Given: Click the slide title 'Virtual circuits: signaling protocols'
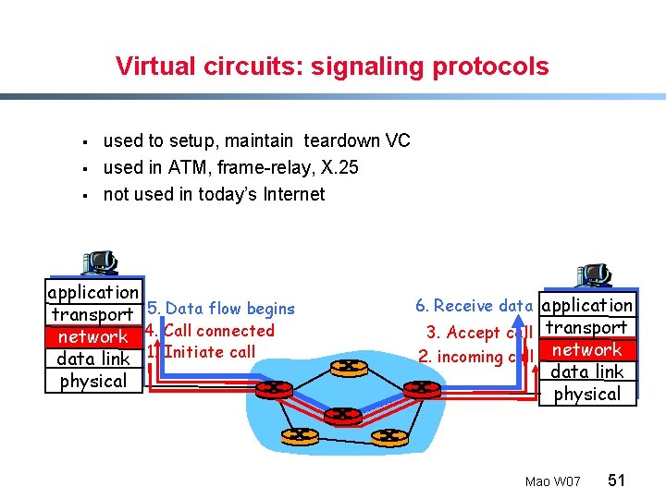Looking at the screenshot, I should point(332,67).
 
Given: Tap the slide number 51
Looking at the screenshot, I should point(617,480).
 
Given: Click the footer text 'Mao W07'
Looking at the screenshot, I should point(552,481).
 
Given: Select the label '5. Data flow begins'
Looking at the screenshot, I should point(221,309).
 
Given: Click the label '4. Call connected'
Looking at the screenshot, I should point(210,330).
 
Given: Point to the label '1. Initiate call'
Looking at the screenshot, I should point(201,351).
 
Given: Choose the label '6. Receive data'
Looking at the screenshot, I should point(474,306).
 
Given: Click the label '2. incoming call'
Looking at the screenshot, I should point(475,357).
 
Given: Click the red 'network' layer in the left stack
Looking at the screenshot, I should point(93,337).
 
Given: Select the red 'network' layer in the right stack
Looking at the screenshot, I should point(586,349).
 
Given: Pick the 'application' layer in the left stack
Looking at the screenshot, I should point(93,292).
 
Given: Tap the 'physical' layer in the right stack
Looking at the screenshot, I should point(586,394).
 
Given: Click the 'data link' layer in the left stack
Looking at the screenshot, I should point(93,359).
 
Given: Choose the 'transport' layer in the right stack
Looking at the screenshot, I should point(586,327).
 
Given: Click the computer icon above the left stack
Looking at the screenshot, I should point(98,263).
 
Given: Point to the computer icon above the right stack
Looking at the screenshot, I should point(592,275).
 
